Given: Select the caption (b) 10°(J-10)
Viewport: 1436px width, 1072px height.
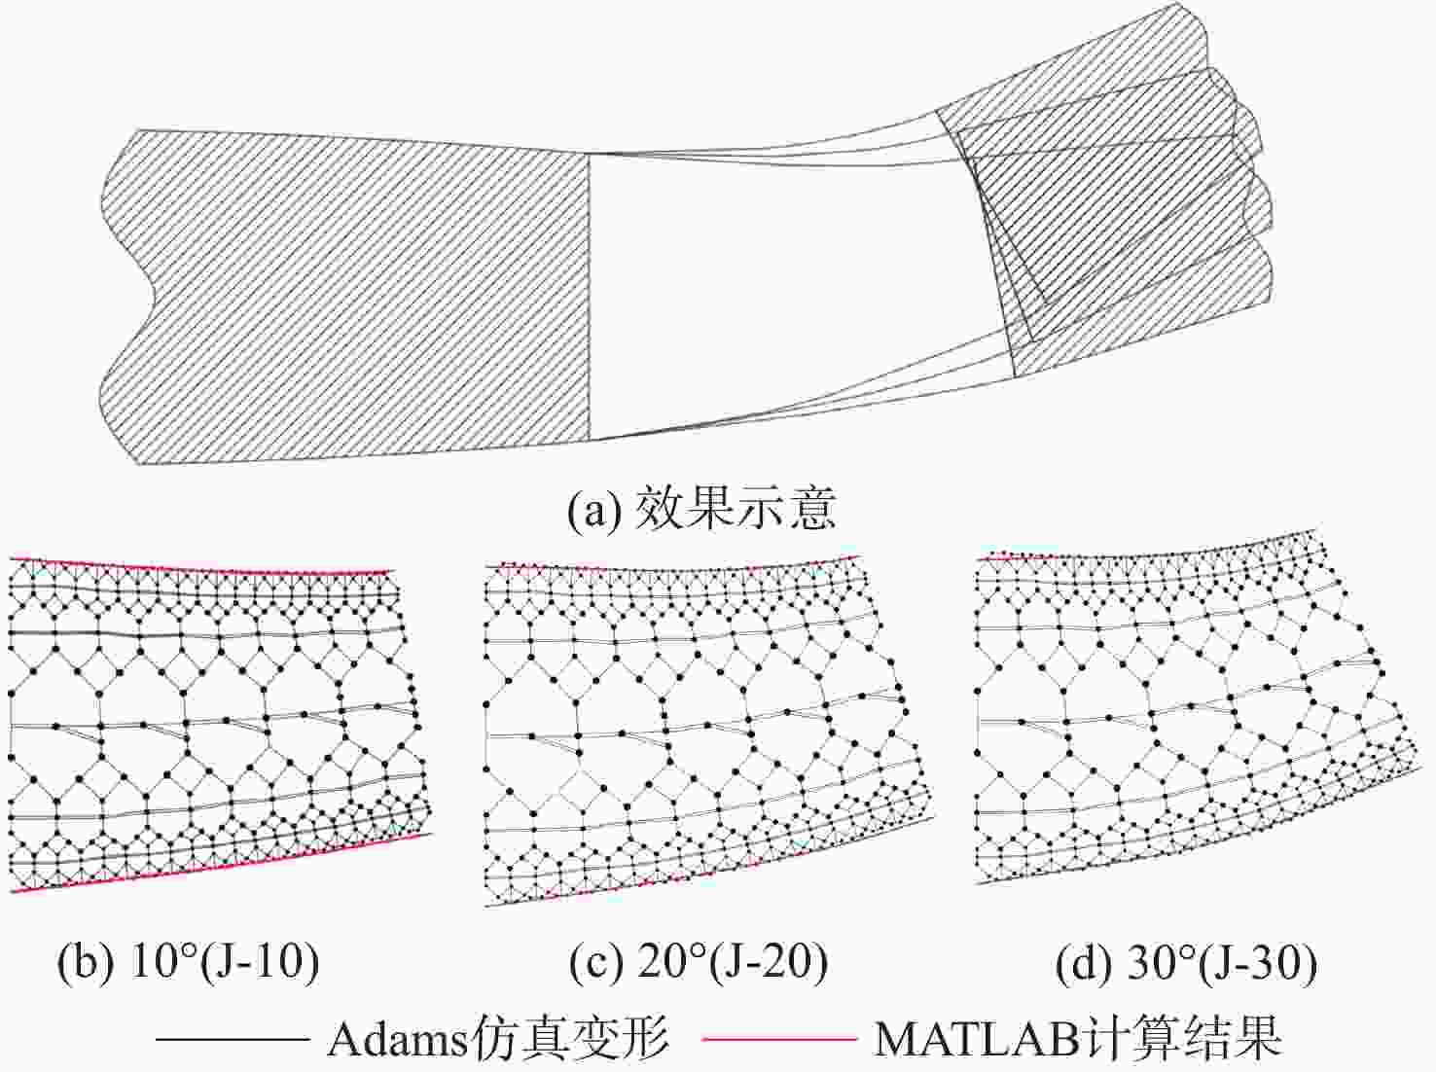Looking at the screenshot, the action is (x=188, y=962).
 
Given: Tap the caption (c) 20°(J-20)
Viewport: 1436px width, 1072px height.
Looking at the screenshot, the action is (x=699, y=962).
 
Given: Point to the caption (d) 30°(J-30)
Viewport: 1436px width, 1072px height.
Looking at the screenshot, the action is (x=1186, y=962).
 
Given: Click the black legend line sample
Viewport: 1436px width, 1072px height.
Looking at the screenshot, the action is (x=233, y=1038).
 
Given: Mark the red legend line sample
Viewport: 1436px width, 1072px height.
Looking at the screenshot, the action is (x=778, y=1038).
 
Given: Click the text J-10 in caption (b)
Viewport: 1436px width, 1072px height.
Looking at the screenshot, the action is (x=261, y=962).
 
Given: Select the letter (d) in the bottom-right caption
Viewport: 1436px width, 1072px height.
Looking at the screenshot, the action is (x=1083, y=963).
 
